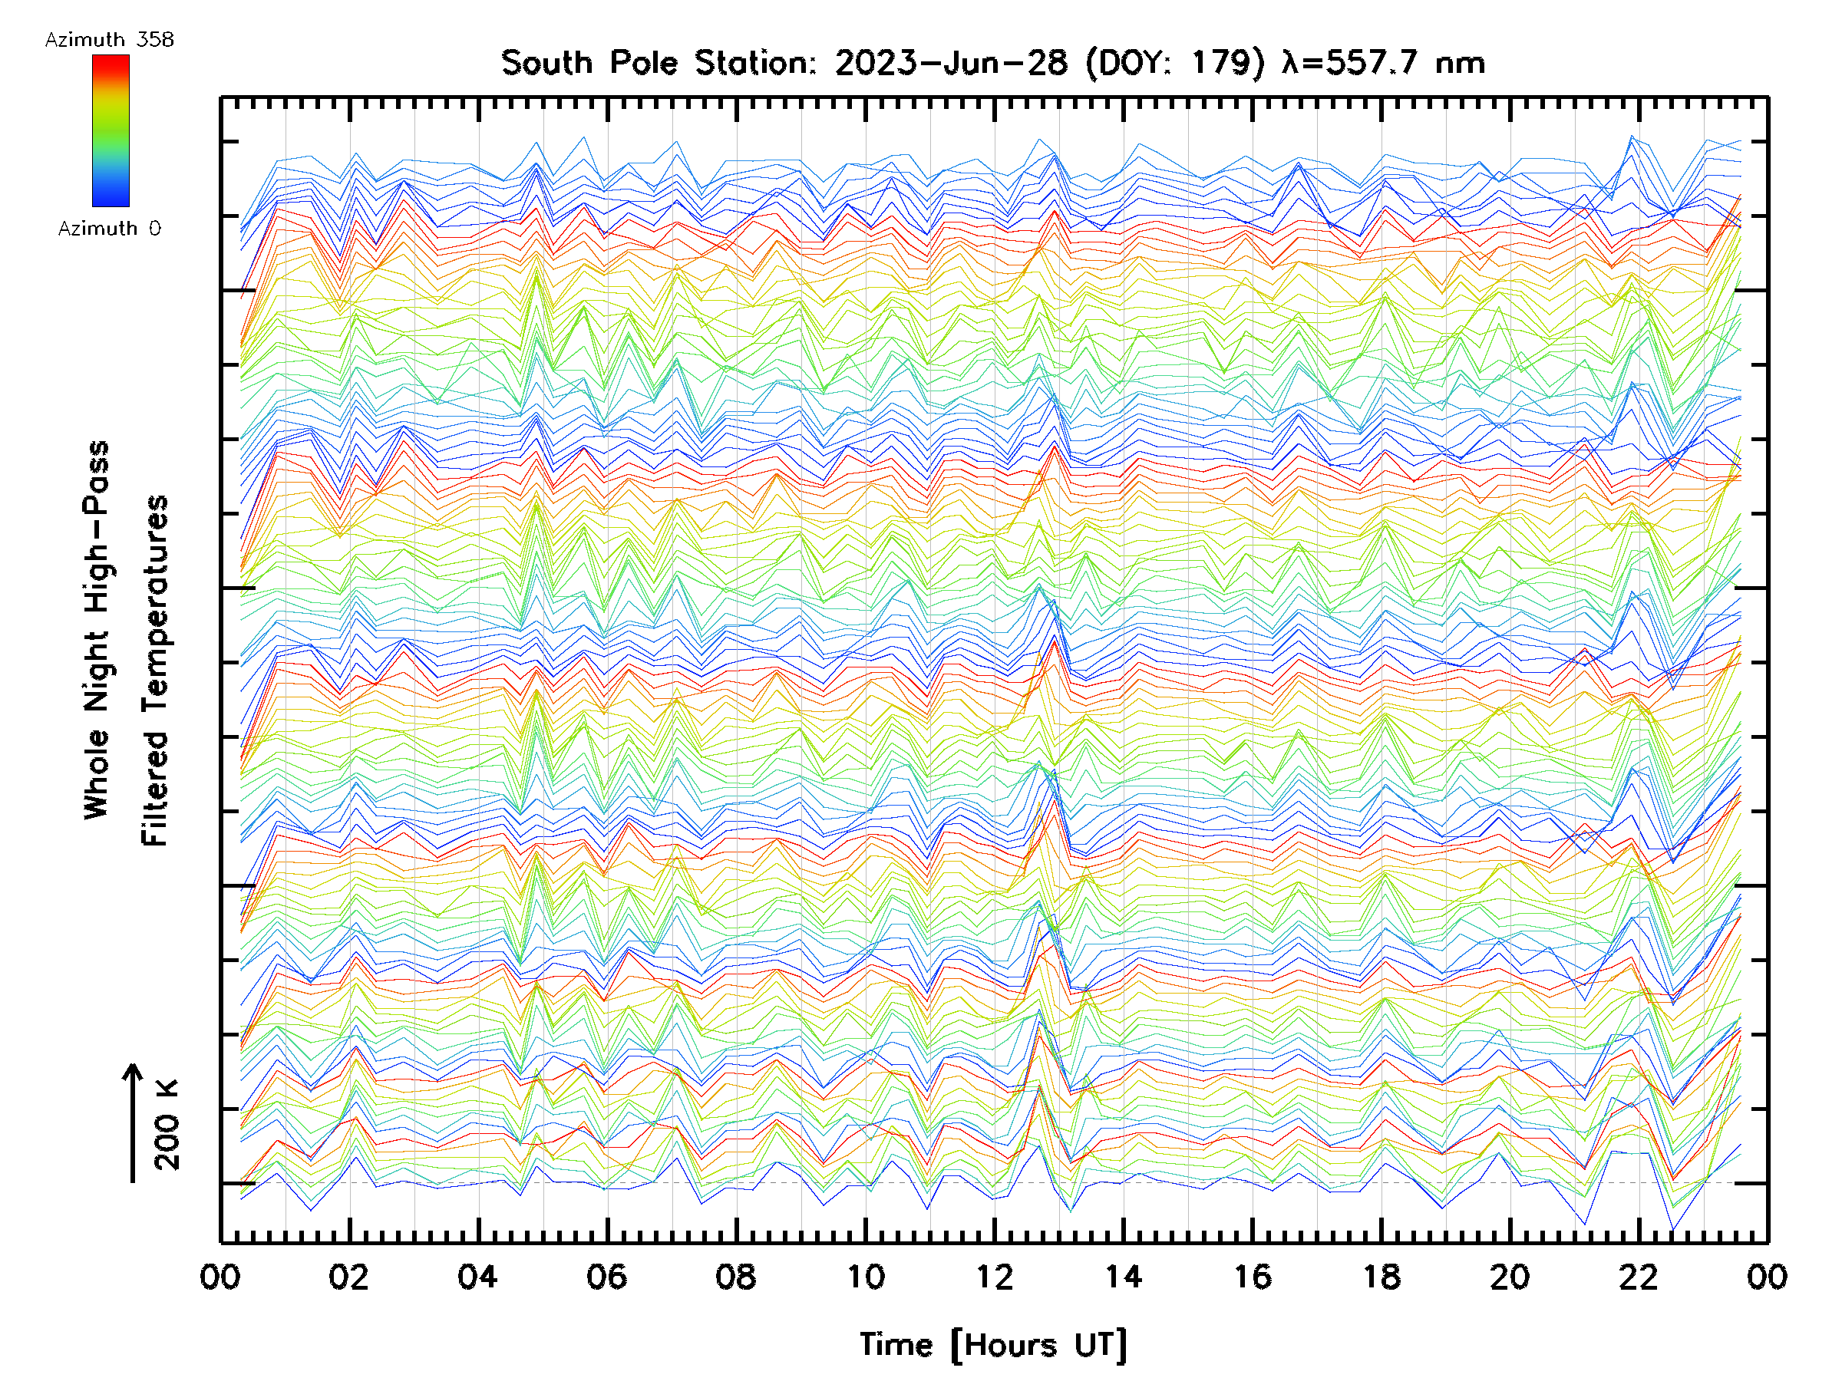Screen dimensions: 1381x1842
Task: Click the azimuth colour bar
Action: pyautogui.click(x=111, y=130)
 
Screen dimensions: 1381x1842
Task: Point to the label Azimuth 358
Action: pyautogui.click(x=109, y=40)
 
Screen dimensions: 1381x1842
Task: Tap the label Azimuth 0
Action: pyautogui.click(x=109, y=229)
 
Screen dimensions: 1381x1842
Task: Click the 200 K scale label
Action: pyautogui.click(x=167, y=1125)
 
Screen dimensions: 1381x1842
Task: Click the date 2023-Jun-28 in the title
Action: pyautogui.click(x=951, y=63)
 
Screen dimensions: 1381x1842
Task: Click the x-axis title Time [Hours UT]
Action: pyautogui.click(x=993, y=1344)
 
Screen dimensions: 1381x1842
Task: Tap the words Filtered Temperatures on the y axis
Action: pyautogui.click(x=155, y=670)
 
